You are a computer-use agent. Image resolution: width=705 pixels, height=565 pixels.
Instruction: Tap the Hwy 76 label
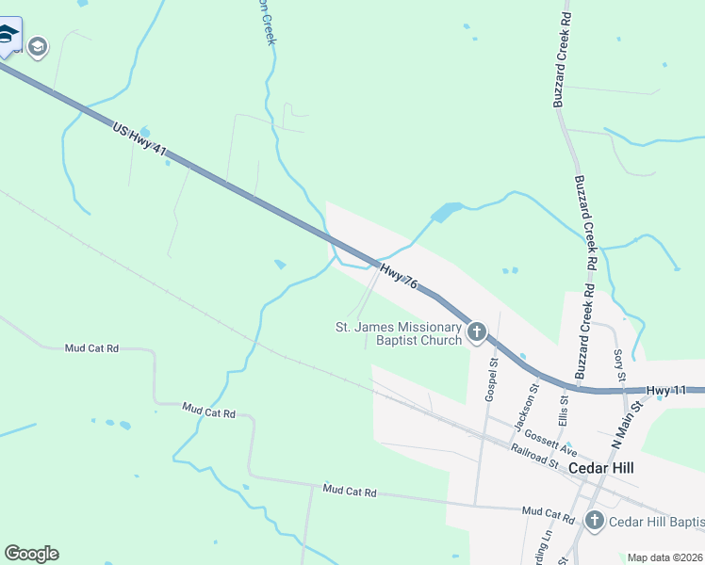(399, 277)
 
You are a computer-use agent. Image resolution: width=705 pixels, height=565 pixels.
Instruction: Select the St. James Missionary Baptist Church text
(400, 333)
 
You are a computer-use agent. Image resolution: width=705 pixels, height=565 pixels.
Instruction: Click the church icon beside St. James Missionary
(477, 331)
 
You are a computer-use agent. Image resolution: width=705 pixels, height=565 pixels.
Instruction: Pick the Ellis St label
(563, 411)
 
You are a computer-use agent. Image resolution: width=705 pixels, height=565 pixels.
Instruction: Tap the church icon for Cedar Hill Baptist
(595, 521)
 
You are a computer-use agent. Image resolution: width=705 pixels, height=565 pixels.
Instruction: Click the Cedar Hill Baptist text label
(656, 522)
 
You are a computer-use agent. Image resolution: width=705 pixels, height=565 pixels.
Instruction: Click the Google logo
(31, 554)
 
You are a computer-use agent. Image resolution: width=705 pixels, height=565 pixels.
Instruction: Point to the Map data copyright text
(665, 557)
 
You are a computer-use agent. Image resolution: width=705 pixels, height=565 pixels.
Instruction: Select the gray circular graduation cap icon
(38, 46)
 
